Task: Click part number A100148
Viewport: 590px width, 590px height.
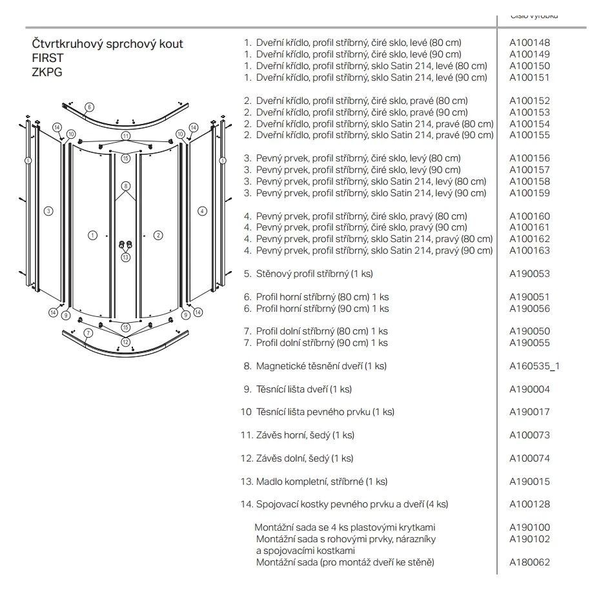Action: [x=529, y=43]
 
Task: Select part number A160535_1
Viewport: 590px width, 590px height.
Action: [x=534, y=366]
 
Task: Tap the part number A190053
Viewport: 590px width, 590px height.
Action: [x=529, y=274]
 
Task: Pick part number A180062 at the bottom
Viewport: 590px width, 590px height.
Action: [x=529, y=562]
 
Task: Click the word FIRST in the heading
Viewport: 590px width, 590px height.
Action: [x=48, y=57]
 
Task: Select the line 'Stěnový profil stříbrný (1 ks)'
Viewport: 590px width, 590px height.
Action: [x=314, y=274]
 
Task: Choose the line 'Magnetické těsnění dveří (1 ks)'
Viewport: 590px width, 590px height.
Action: [x=321, y=366]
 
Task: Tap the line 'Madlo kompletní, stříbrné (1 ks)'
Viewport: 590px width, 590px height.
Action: [x=321, y=482]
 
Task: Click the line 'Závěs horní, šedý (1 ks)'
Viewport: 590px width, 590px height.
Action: [x=305, y=435]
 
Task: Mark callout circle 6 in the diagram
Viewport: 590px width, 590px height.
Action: [x=89, y=107]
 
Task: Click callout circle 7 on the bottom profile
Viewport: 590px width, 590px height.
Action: [x=88, y=333]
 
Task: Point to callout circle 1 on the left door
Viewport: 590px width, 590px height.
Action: [x=92, y=235]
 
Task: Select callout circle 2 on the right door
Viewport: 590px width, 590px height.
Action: [x=159, y=235]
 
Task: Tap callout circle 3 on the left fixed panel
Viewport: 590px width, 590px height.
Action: [x=48, y=210]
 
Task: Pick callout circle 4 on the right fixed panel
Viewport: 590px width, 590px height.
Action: [x=202, y=210]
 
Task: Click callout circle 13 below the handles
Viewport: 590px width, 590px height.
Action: [x=125, y=257]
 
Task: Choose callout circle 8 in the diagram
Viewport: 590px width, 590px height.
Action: [x=126, y=186]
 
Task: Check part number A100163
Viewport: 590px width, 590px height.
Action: [x=529, y=250]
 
